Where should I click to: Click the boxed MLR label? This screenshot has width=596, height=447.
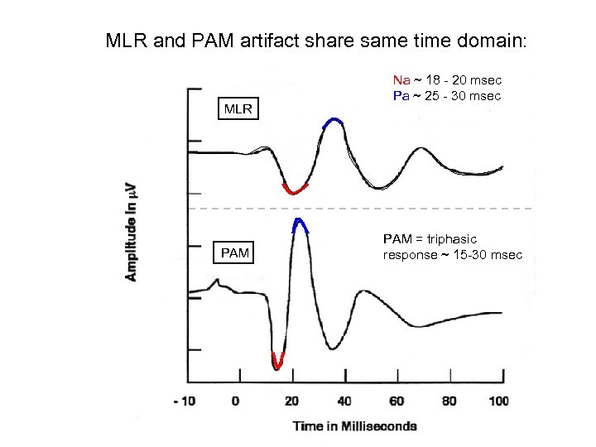238,108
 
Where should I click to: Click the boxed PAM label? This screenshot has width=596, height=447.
235,252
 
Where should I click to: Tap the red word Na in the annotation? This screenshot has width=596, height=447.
401,80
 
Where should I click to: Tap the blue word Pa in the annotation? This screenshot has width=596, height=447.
401,96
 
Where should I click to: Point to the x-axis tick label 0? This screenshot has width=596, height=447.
237,401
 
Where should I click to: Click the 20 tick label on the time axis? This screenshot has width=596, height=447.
291,401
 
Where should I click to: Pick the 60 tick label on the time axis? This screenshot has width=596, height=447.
396,401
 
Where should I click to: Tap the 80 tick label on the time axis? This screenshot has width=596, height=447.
448,401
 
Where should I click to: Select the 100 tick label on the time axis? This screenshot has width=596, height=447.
498,401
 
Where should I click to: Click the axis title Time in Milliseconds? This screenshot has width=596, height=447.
354,425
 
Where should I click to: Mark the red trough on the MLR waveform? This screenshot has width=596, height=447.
294,190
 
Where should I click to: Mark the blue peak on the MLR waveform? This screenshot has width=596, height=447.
333,123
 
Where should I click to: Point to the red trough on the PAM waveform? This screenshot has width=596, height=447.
277,362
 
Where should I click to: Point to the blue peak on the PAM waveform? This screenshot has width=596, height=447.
300,223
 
